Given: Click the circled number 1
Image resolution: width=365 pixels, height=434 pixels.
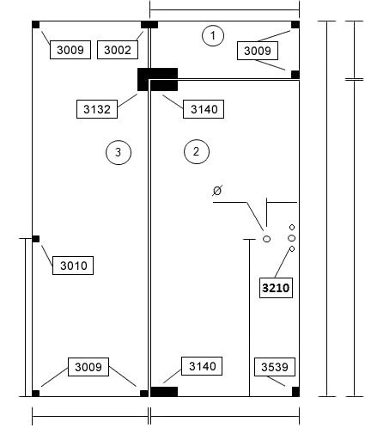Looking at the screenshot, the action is (213, 35).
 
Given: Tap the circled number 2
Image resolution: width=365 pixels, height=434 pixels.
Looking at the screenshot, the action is (197, 151).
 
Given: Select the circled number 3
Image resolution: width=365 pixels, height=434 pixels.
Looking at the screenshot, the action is (119, 152).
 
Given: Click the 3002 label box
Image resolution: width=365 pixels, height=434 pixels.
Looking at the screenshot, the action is (118, 50).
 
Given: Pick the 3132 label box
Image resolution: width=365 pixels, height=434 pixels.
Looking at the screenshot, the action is (97, 109).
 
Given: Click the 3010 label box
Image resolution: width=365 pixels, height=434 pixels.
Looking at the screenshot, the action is (73, 266).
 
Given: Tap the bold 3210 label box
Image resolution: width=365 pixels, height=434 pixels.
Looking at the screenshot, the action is (276, 288).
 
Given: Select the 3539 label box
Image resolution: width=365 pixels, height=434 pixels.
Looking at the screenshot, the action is (275, 367).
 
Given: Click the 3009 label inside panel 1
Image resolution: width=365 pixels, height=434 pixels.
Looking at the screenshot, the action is (258, 51).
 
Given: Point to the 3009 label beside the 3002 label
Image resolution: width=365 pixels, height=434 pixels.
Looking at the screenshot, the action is (70, 50).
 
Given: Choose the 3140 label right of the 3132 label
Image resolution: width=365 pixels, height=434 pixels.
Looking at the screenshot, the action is (204, 109).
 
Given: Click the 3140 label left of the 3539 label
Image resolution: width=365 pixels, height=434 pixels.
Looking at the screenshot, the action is (202, 366).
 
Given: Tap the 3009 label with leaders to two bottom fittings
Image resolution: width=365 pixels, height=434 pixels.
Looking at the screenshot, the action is (88, 367).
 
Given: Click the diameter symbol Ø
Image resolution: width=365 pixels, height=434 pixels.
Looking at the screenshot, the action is (217, 191).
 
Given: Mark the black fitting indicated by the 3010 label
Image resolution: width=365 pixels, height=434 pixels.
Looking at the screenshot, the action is (36, 239).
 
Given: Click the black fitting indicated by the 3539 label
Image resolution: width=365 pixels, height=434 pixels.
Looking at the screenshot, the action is (295, 392).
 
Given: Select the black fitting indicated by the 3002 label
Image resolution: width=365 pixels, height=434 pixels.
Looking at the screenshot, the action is (149, 25).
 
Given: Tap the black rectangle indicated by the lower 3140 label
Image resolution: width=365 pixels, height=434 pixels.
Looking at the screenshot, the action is (164, 392).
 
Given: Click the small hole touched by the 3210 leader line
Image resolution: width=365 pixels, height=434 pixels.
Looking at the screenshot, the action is (292, 249).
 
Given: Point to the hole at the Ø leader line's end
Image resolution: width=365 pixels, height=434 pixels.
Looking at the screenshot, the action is (266, 239).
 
